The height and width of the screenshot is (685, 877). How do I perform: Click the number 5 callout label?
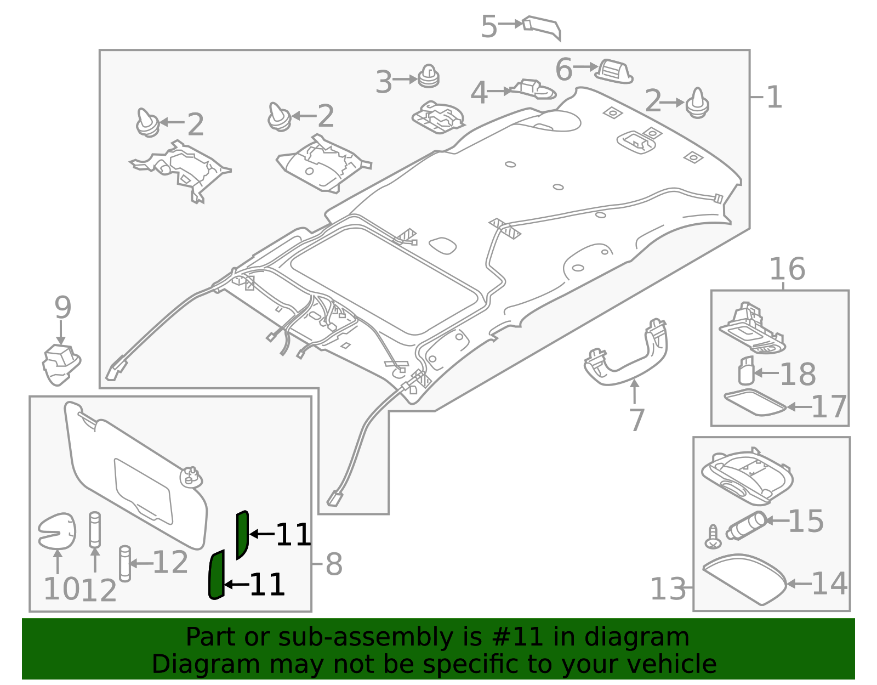(x=488, y=27)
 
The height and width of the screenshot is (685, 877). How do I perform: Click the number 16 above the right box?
(x=787, y=270)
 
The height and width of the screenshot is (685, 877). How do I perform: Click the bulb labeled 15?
(x=746, y=525)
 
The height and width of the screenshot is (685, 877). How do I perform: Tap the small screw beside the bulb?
(x=713, y=537)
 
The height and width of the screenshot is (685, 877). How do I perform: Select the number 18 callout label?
(x=798, y=375)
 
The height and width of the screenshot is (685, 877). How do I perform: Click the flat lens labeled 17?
(x=754, y=403)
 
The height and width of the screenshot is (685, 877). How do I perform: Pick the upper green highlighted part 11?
(x=242, y=534)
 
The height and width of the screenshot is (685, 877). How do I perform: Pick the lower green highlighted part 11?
(x=217, y=575)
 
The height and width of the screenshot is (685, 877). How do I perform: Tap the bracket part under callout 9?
(x=61, y=364)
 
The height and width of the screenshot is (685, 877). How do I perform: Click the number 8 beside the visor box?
(x=334, y=564)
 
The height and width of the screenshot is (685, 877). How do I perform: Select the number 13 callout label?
(x=668, y=590)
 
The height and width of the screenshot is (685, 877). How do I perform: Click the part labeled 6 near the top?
(x=615, y=71)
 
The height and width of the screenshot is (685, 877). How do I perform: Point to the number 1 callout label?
(x=773, y=98)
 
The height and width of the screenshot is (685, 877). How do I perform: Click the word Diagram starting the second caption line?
(x=183, y=665)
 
